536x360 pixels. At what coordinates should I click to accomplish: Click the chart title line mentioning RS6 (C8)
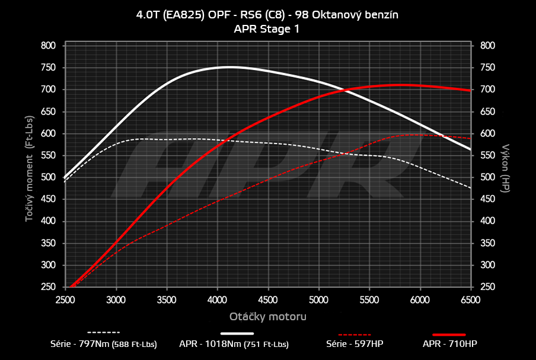(x=267, y=16)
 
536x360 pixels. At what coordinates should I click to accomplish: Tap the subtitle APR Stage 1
(x=267, y=28)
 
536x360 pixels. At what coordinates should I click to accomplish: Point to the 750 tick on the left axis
(x=49, y=68)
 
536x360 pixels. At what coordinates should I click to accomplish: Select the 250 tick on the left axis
(x=49, y=287)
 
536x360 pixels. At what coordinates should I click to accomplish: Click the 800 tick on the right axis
(x=487, y=46)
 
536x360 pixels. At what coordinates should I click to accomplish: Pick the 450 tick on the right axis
(x=487, y=199)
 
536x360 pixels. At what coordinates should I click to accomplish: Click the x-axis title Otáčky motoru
(x=268, y=317)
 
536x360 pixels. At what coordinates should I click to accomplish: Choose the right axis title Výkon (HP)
(x=505, y=167)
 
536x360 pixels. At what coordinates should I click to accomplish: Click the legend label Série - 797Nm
(x=104, y=343)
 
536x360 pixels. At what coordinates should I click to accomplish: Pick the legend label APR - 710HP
(x=449, y=343)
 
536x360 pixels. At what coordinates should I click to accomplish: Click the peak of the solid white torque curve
(x=228, y=67)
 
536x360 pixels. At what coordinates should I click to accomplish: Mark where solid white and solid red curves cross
(x=343, y=90)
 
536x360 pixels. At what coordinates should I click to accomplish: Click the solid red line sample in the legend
(x=449, y=334)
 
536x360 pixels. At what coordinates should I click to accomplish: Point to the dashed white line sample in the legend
(x=104, y=333)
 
